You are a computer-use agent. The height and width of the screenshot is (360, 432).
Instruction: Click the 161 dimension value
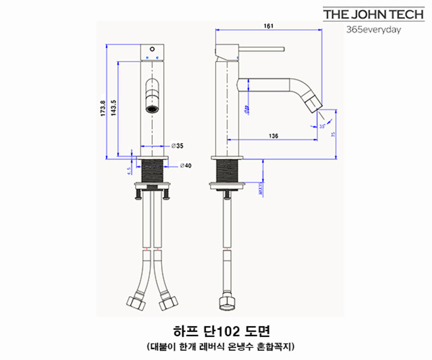click(268, 26)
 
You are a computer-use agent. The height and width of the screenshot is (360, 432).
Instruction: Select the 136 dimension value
click(273, 136)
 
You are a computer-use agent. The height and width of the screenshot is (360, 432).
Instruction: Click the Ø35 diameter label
click(177, 146)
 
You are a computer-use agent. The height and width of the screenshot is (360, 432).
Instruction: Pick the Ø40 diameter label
click(185, 166)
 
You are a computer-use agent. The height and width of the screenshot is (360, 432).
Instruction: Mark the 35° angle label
click(322, 127)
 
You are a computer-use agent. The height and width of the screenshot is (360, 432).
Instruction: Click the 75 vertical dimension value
click(333, 134)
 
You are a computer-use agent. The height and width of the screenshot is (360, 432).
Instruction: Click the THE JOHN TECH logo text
click(374, 14)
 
